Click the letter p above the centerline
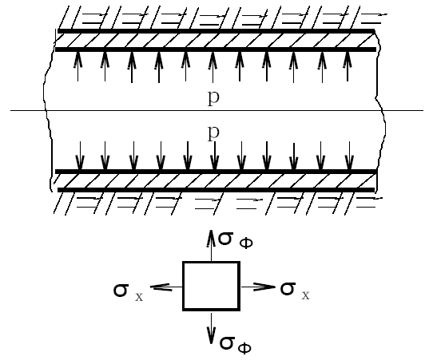click(x=213, y=97)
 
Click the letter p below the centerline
click(x=213, y=133)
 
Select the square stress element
click(x=211, y=286)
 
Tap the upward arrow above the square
click(x=211, y=245)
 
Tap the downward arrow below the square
click(x=211, y=328)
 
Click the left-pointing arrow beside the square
click(x=165, y=287)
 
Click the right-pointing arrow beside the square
click(x=258, y=287)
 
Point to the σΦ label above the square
click(x=236, y=240)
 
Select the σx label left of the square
click(x=128, y=292)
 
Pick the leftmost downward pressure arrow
click(x=80, y=156)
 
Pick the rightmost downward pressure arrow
click(x=349, y=156)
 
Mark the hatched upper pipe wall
click(x=216, y=40)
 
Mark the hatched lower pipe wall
click(x=216, y=180)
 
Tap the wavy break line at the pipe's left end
click(x=47, y=110)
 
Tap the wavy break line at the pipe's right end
click(x=380, y=110)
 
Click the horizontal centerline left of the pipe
click(x=28, y=110)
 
